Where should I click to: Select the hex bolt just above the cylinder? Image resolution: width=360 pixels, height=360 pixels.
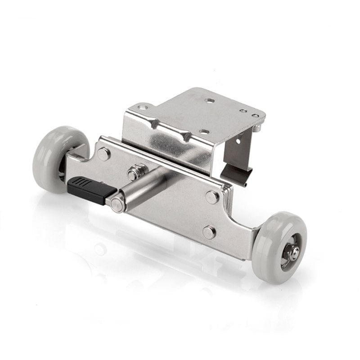pyautogui.click(x=133, y=174)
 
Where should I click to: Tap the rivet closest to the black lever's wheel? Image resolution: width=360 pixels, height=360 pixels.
pyautogui.click(x=103, y=154)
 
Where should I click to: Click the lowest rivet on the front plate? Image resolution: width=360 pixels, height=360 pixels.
pyautogui.click(x=208, y=232)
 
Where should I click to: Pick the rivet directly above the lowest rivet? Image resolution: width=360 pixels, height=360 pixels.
pyautogui.click(x=212, y=197)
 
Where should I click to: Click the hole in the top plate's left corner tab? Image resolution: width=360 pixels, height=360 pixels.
pyautogui.click(x=143, y=108)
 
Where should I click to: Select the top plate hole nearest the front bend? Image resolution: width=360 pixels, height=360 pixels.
pyautogui.click(x=204, y=132)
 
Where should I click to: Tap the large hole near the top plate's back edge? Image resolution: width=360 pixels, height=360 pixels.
pyautogui.click(x=209, y=101)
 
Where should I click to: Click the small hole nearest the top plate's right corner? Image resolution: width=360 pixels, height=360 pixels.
pyautogui.click(x=255, y=116)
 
